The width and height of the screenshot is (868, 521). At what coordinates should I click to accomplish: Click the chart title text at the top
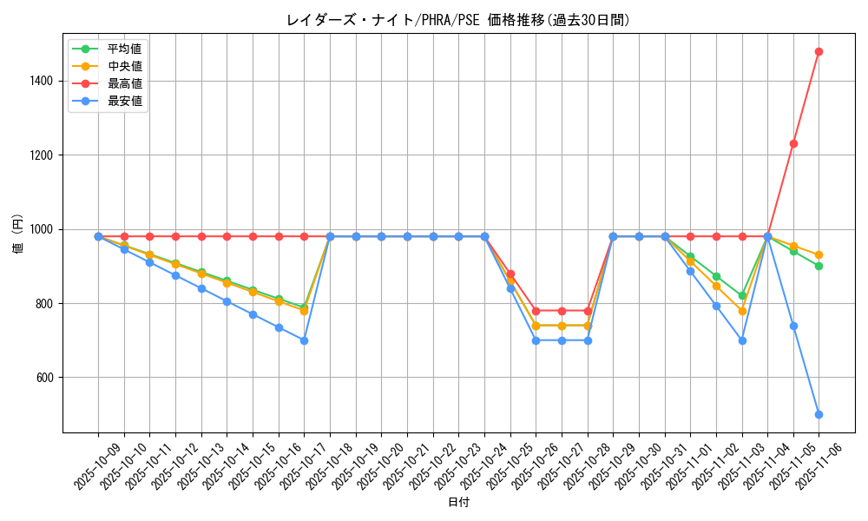[x=457, y=20]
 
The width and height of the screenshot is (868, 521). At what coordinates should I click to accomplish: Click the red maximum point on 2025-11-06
[x=819, y=51]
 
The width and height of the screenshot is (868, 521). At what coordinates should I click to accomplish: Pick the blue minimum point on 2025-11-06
[x=819, y=414]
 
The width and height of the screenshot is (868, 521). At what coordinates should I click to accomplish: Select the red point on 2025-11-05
[x=793, y=143]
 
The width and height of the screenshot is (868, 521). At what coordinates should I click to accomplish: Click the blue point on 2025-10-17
[x=304, y=340]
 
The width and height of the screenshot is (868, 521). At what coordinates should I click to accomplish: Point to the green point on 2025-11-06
[x=819, y=266]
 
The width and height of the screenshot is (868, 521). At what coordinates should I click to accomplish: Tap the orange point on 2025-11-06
[x=819, y=254]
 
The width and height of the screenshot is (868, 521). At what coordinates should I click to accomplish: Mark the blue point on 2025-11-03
[x=742, y=340]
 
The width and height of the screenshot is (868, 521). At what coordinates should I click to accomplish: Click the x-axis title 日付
[x=458, y=503]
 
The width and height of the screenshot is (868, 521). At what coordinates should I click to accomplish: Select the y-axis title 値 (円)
[x=17, y=235]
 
